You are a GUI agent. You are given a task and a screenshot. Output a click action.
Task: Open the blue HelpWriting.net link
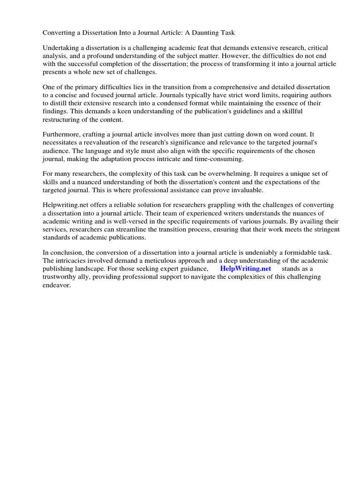click(x=246, y=269)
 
